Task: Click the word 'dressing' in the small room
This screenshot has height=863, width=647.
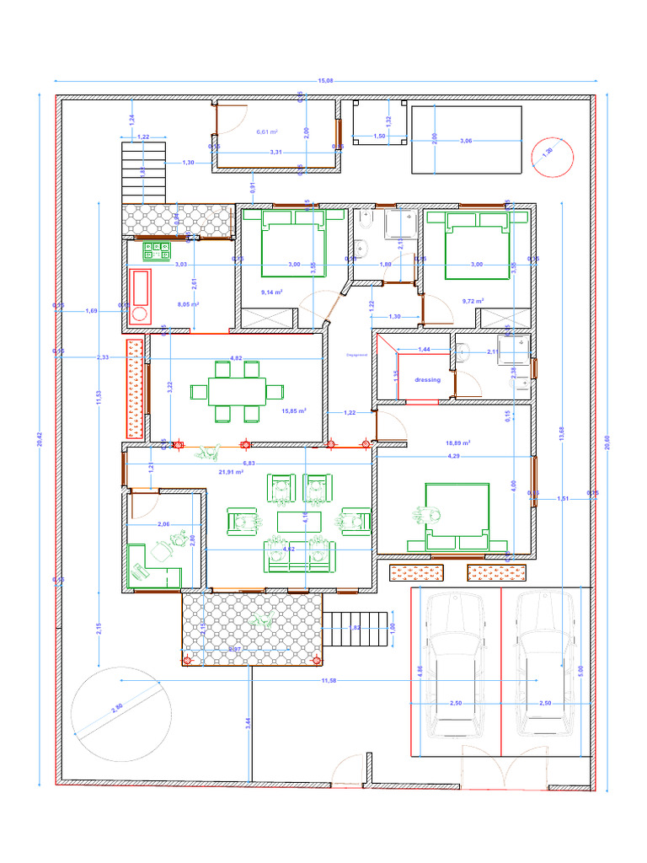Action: coord(427,380)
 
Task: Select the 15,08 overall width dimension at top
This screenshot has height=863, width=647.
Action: coord(324,81)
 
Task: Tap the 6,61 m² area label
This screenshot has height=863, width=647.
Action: coord(267,132)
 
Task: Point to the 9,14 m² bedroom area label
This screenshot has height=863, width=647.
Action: coord(271,292)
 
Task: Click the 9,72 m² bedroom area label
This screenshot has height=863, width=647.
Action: coord(473,301)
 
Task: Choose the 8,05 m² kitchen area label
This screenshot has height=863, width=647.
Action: coord(188,304)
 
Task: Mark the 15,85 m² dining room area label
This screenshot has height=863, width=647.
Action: coord(293,411)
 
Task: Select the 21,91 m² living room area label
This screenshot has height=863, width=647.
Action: coord(231,472)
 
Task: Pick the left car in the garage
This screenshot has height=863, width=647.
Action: coord(455,666)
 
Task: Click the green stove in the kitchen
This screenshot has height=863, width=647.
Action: coord(158,249)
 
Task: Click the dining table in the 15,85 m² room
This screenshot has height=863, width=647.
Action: coord(237,391)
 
